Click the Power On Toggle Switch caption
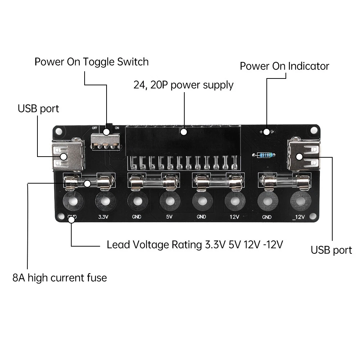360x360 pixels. pyautogui.click(x=91, y=62)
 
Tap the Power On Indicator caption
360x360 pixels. pyautogui.click(x=284, y=66)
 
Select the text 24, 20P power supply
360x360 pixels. pyautogui.click(x=183, y=85)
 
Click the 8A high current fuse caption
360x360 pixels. pyautogui.click(x=60, y=278)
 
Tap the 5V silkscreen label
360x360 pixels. pyautogui.click(x=169, y=217)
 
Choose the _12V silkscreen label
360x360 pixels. pyautogui.click(x=299, y=217)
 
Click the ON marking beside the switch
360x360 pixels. pyautogui.click(x=117, y=128)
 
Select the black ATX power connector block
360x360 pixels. pyautogui.click(x=183, y=140)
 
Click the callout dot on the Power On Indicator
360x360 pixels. pyautogui.click(x=266, y=132)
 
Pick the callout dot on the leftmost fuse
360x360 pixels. pyautogui.click(x=87, y=184)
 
